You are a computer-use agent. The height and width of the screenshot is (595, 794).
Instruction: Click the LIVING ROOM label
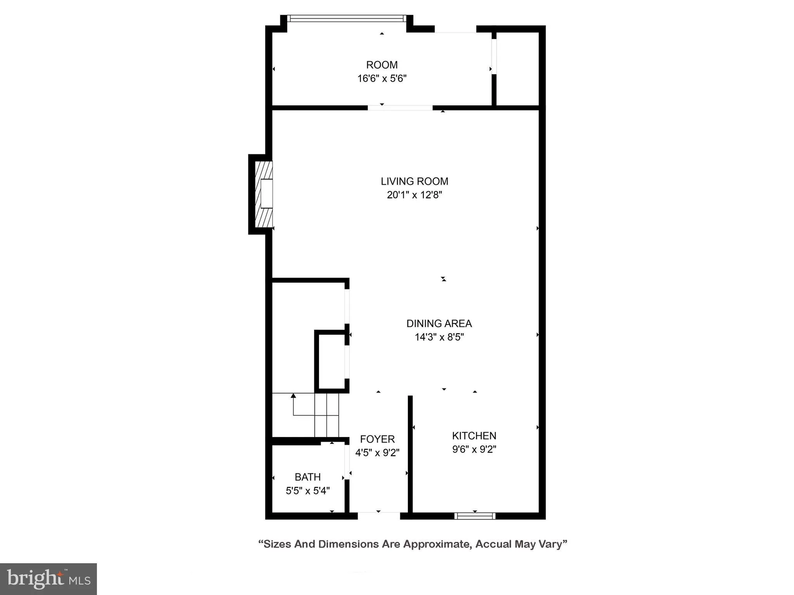point(414,181)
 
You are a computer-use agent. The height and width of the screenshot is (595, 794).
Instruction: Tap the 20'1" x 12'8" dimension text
point(414,195)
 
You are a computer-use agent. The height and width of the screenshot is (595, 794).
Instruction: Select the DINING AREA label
point(439,323)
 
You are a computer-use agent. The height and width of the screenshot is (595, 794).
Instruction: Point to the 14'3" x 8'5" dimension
point(439,337)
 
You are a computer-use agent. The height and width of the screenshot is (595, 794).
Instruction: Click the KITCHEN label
point(474,436)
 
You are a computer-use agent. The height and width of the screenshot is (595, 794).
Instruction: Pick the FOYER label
point(377,439)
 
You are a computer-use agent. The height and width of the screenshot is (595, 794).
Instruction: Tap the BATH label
point(307,477)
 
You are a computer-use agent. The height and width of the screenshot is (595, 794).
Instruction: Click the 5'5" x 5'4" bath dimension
point(307,491)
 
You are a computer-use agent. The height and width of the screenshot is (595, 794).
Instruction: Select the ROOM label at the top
point(382,65)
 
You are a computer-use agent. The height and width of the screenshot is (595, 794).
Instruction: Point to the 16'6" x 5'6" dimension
point(382,79)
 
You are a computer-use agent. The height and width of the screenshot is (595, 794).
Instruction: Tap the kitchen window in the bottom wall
point(475,516)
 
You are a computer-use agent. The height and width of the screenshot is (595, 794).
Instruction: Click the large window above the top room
point(347,18)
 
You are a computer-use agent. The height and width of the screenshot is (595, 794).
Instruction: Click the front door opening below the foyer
point(378,516)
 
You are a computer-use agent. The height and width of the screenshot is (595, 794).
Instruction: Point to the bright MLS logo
point(48,579)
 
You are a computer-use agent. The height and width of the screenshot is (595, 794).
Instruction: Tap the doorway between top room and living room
point(400,108)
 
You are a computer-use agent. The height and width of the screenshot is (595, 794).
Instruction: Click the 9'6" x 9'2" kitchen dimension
point(474,449)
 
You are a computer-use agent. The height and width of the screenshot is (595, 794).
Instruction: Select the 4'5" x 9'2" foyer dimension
point(377,452)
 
